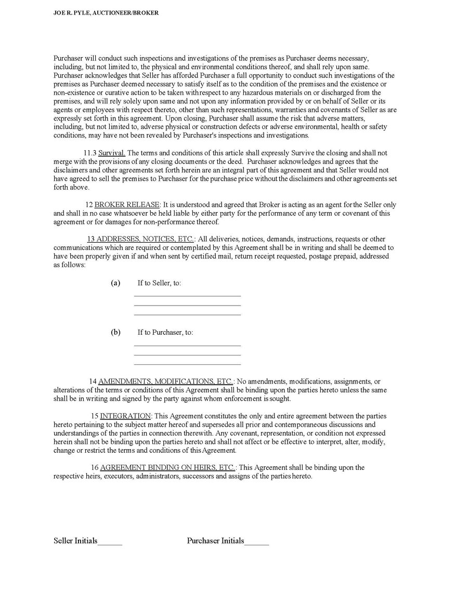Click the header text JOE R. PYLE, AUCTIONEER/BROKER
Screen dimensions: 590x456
coord(106,12)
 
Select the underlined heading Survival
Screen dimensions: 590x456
coord(112,153)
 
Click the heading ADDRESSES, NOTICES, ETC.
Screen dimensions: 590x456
coord(140,239)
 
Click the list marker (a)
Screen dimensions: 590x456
coord(115,283)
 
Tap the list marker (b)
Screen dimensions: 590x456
coord(115,332)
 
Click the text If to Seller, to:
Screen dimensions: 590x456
coord(159,283)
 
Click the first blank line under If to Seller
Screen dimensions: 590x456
coord(187,295)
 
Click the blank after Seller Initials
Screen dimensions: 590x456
coord(110,543)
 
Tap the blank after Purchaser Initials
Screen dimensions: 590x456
coord(256,543)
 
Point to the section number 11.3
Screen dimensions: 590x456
coord(89,153)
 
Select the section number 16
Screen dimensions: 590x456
coord(94,467)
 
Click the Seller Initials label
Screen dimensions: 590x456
coord(75,541)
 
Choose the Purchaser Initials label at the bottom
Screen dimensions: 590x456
coord(215,541)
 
